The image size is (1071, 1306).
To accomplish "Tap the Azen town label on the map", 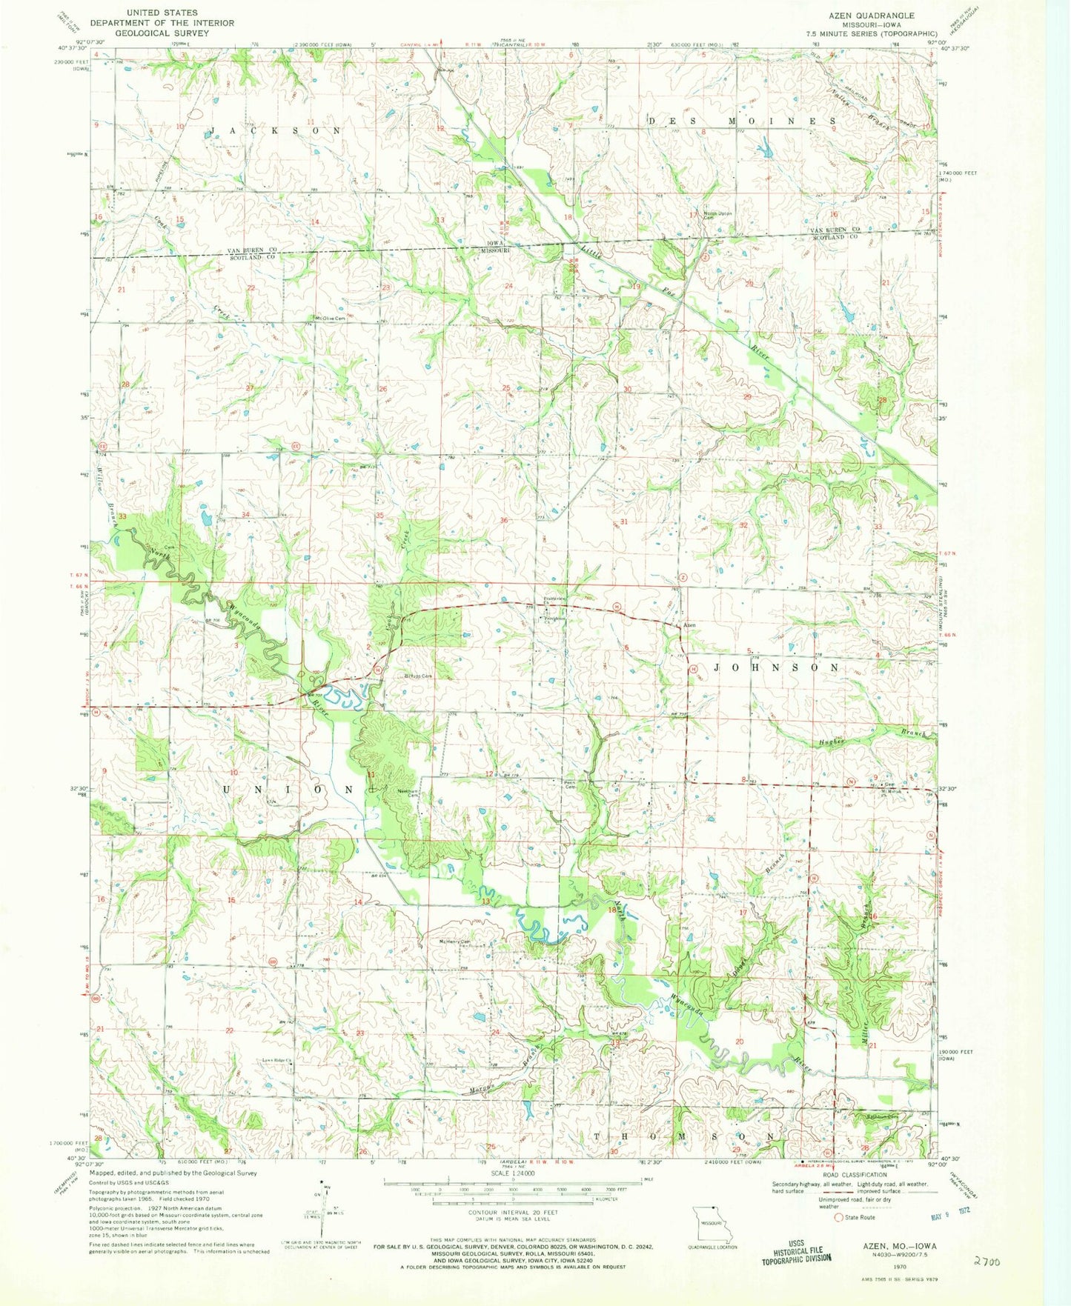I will pyautogui.click(x=689, y=626).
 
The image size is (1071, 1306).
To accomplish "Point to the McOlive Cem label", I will pyautogui.click(x=331, y=319).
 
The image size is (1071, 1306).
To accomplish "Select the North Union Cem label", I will pyautogui.click(x=717, y=216).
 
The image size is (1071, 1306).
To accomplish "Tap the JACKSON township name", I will pyautogui.click(x=276, y=130).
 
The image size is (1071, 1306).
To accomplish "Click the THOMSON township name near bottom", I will pyautogui.click(x=686, y=1136).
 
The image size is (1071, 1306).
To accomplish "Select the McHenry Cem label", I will pyautogui.click(x=455, y=942).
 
